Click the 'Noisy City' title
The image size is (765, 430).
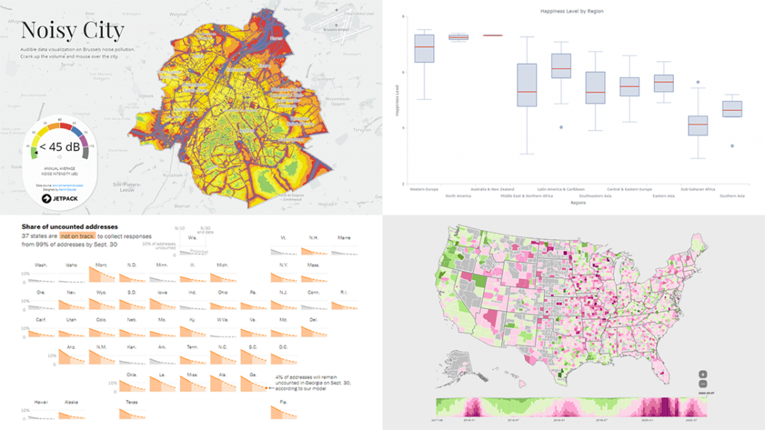coord(72,31)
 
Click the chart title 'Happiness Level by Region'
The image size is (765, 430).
coord(572,12)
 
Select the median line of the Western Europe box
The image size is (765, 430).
coord(424,47)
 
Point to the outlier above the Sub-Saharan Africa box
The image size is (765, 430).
coord(698,82)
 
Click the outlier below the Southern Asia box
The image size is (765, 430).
coord(732,146)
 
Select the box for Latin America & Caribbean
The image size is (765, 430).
coord(560,66)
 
